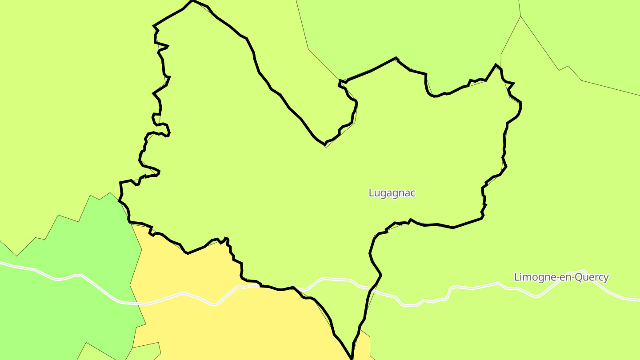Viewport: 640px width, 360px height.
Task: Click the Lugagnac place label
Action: [392, 193]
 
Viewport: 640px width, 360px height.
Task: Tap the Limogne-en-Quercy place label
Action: [561, 277]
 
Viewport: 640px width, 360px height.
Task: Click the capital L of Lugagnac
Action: [371, 193]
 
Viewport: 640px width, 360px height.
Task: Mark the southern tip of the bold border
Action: [352, 358]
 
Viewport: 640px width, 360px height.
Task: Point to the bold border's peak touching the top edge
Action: [192, 1]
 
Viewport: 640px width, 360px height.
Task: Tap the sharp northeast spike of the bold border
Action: [496, 65]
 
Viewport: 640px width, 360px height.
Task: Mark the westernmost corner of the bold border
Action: [120, 183]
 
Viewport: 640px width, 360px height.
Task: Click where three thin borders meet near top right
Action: [520, 16]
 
